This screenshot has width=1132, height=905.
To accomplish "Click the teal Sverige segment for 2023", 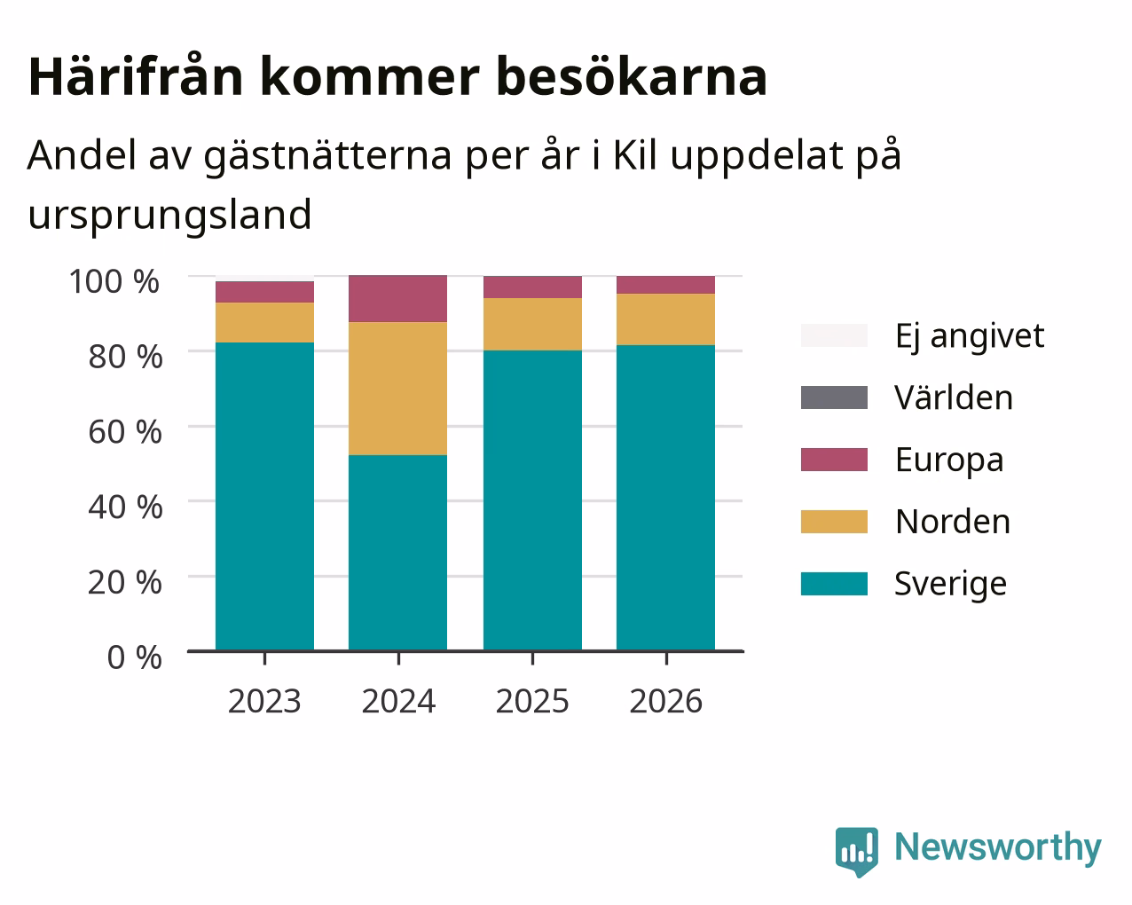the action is coord(264,496).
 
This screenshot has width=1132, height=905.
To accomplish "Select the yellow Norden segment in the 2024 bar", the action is coord(397,389).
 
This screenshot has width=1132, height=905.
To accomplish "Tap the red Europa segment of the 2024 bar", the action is coord(397,298).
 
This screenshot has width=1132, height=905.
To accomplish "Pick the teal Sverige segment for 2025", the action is coord(532,500).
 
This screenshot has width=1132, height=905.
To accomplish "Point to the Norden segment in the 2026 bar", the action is coord(665,319).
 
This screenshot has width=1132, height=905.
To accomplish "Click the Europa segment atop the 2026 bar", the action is coord(665,285).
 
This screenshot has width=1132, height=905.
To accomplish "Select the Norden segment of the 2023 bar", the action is coord(264,323).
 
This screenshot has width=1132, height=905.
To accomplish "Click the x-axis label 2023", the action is coord(264,701).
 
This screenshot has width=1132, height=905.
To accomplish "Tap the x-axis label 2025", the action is coord(532,701).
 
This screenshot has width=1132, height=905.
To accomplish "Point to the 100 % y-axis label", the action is coord(114,281).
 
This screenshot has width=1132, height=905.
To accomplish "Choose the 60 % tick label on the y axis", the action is coord(125,432).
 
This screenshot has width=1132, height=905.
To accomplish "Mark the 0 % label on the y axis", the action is coord(135,657).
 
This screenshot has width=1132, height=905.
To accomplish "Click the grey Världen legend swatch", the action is coord(834,397).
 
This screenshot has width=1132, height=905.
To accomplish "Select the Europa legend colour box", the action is coord(834,460).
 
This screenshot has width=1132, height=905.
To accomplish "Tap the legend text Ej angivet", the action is coord(970,337).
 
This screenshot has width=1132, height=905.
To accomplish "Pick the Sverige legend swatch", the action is coord(834,584).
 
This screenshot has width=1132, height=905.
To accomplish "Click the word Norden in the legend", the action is coord(953,522).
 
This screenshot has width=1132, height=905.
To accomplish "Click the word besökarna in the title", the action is coord(632,77).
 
